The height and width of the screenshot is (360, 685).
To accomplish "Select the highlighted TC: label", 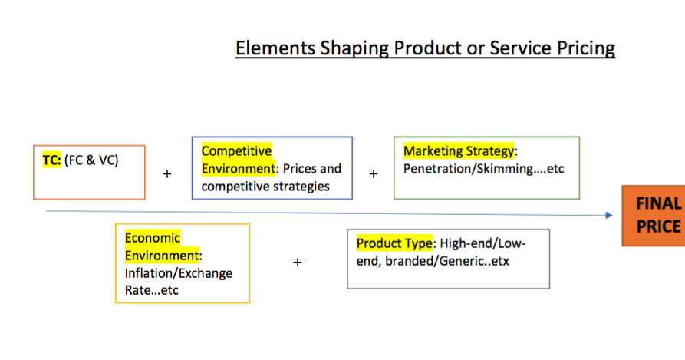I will click(x=51, y=161).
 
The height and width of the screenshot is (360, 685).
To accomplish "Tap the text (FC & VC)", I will click(x=91, y=161).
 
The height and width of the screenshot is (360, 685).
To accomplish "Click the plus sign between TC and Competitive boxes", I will click(x=167, y=174).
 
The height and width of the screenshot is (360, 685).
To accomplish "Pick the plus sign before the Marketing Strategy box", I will click(x=374, y=174).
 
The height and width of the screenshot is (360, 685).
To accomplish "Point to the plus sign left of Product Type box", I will click(x=298, y=263).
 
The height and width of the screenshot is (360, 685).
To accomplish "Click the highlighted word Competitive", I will click(x=236, y=151).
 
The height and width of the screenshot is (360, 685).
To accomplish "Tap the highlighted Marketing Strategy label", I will click(x=459, y=151).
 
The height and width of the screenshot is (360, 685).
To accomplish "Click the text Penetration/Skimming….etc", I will click(x=483, y=168).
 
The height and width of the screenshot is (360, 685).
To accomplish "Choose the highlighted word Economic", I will click(x=153, y=238).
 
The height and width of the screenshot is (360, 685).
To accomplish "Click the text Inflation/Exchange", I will click(x=178, y=273).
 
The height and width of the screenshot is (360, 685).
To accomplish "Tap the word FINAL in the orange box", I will click(x=658, y=203).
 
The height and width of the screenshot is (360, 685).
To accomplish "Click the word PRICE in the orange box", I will click(x=658, y=226).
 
